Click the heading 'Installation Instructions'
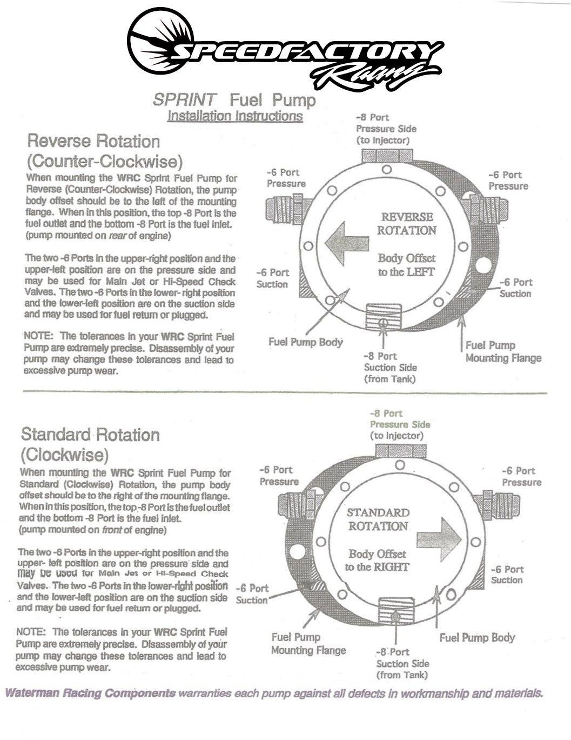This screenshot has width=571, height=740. pos(234,116)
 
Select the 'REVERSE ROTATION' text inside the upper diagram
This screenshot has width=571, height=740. pos(407,224)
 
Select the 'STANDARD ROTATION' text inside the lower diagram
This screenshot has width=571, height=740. pos(378,519)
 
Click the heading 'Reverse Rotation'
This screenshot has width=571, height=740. pos(93,141)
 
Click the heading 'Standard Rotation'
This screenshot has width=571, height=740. pos(90,435)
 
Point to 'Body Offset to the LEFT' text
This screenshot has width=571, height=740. pos(406,265)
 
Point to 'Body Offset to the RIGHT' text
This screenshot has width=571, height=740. pos(377,561)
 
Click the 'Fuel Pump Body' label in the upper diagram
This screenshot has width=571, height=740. pos(305,342)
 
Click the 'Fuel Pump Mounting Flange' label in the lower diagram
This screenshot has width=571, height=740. pos(308,644)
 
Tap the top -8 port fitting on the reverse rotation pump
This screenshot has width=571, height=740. pos(386,155)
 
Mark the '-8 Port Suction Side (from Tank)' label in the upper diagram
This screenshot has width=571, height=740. pos(389,368)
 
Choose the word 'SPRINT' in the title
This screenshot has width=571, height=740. pos(185,99)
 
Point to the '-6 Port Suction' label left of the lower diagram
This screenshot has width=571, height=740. pos(252,594)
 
